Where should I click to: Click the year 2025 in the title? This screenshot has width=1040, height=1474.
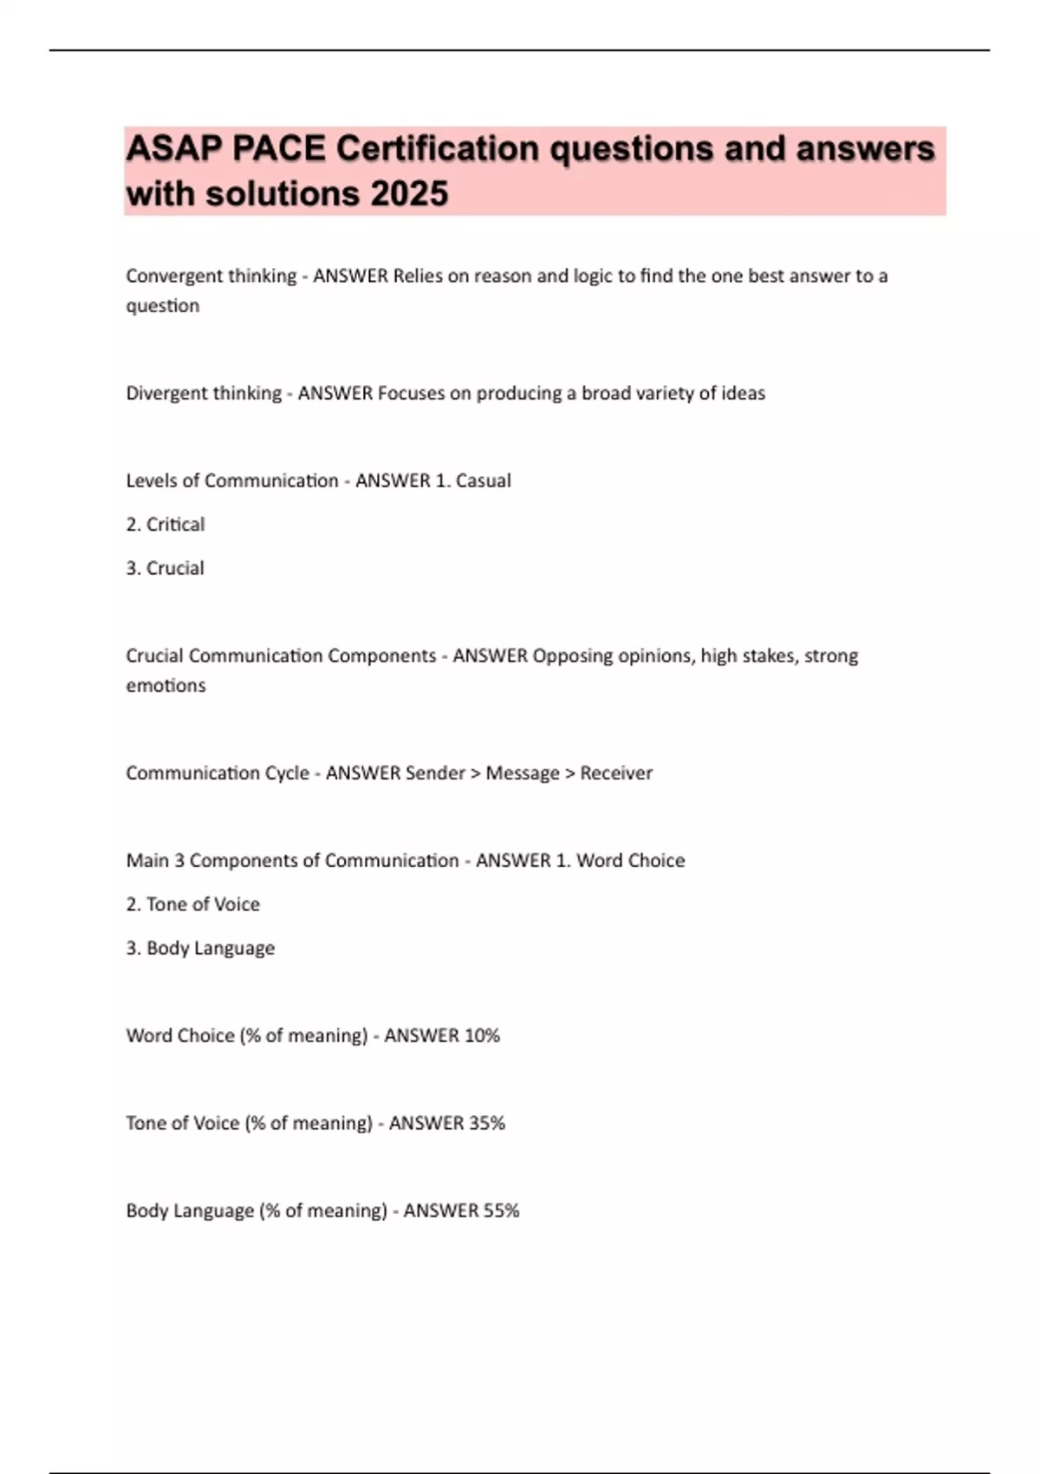click(x=409, y=193)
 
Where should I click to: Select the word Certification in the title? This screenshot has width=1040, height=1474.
click(x=439, y=149)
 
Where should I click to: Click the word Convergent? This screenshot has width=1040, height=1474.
click(x=167, y=276)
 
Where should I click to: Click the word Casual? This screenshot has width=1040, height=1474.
click(x=483, y=480)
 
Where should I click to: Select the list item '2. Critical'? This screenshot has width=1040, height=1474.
click(x=166, y=525)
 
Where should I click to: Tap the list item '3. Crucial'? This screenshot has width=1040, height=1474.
click(x=166, y=568)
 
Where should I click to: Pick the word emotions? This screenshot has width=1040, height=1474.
click(x=166, y=685)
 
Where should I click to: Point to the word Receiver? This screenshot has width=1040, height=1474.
click(x=616, y=773)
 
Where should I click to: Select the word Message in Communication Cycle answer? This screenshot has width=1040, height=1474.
click(x=523, y=773)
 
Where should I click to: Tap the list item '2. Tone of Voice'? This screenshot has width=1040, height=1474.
click(x=193, y=904)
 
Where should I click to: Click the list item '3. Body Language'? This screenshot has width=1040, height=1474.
click(x=200, y=948)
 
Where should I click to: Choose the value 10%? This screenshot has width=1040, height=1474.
click(x=482, y=1035)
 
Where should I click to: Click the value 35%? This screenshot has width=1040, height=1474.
click(x=487, y=1123)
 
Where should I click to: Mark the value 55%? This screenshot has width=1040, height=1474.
click(x=501, y=1210)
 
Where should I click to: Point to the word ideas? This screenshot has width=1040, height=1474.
click(x=744, y=393)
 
